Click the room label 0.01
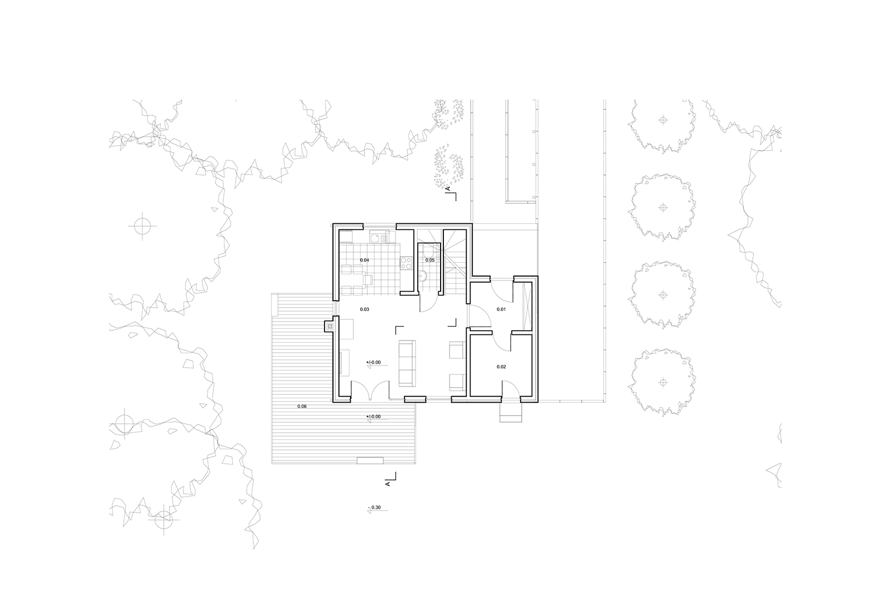[501, 309]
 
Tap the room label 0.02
[501, 367]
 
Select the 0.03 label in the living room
[364, 309]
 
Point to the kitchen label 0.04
[364, 261]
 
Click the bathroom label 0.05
[430, 261]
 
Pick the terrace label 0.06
[302, 406]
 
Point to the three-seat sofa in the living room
[406, 363]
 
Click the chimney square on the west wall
[329, 327]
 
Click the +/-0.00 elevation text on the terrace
[373, 417]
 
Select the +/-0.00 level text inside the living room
[373, 362]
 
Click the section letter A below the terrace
[388, 484]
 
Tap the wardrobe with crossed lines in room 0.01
[527, 306]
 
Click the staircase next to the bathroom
[455, 262]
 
